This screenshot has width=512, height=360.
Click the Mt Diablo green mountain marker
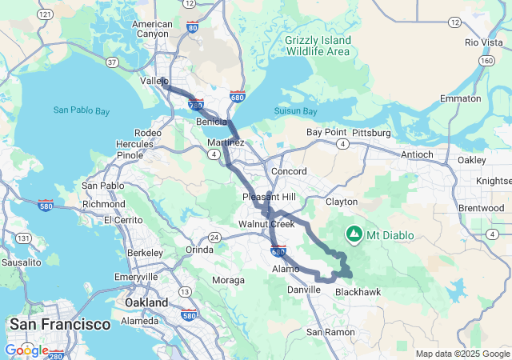click(354, 233)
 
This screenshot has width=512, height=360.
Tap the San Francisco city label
click(59, 324)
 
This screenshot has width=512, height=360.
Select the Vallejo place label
click(154, 82)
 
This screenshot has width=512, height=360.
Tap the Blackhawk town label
click(358, 292)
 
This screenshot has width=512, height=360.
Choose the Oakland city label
click(146, 303)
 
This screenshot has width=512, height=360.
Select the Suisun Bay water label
click(295, 110)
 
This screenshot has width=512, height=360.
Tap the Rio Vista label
click(482, 42)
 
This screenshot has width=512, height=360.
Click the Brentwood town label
click(481, 208)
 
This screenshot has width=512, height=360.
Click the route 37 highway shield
click(111, 62)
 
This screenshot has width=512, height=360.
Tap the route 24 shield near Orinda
click(214, 238)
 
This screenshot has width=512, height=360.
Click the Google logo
click(26, 350)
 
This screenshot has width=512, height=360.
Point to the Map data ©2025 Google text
click(462, 354)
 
